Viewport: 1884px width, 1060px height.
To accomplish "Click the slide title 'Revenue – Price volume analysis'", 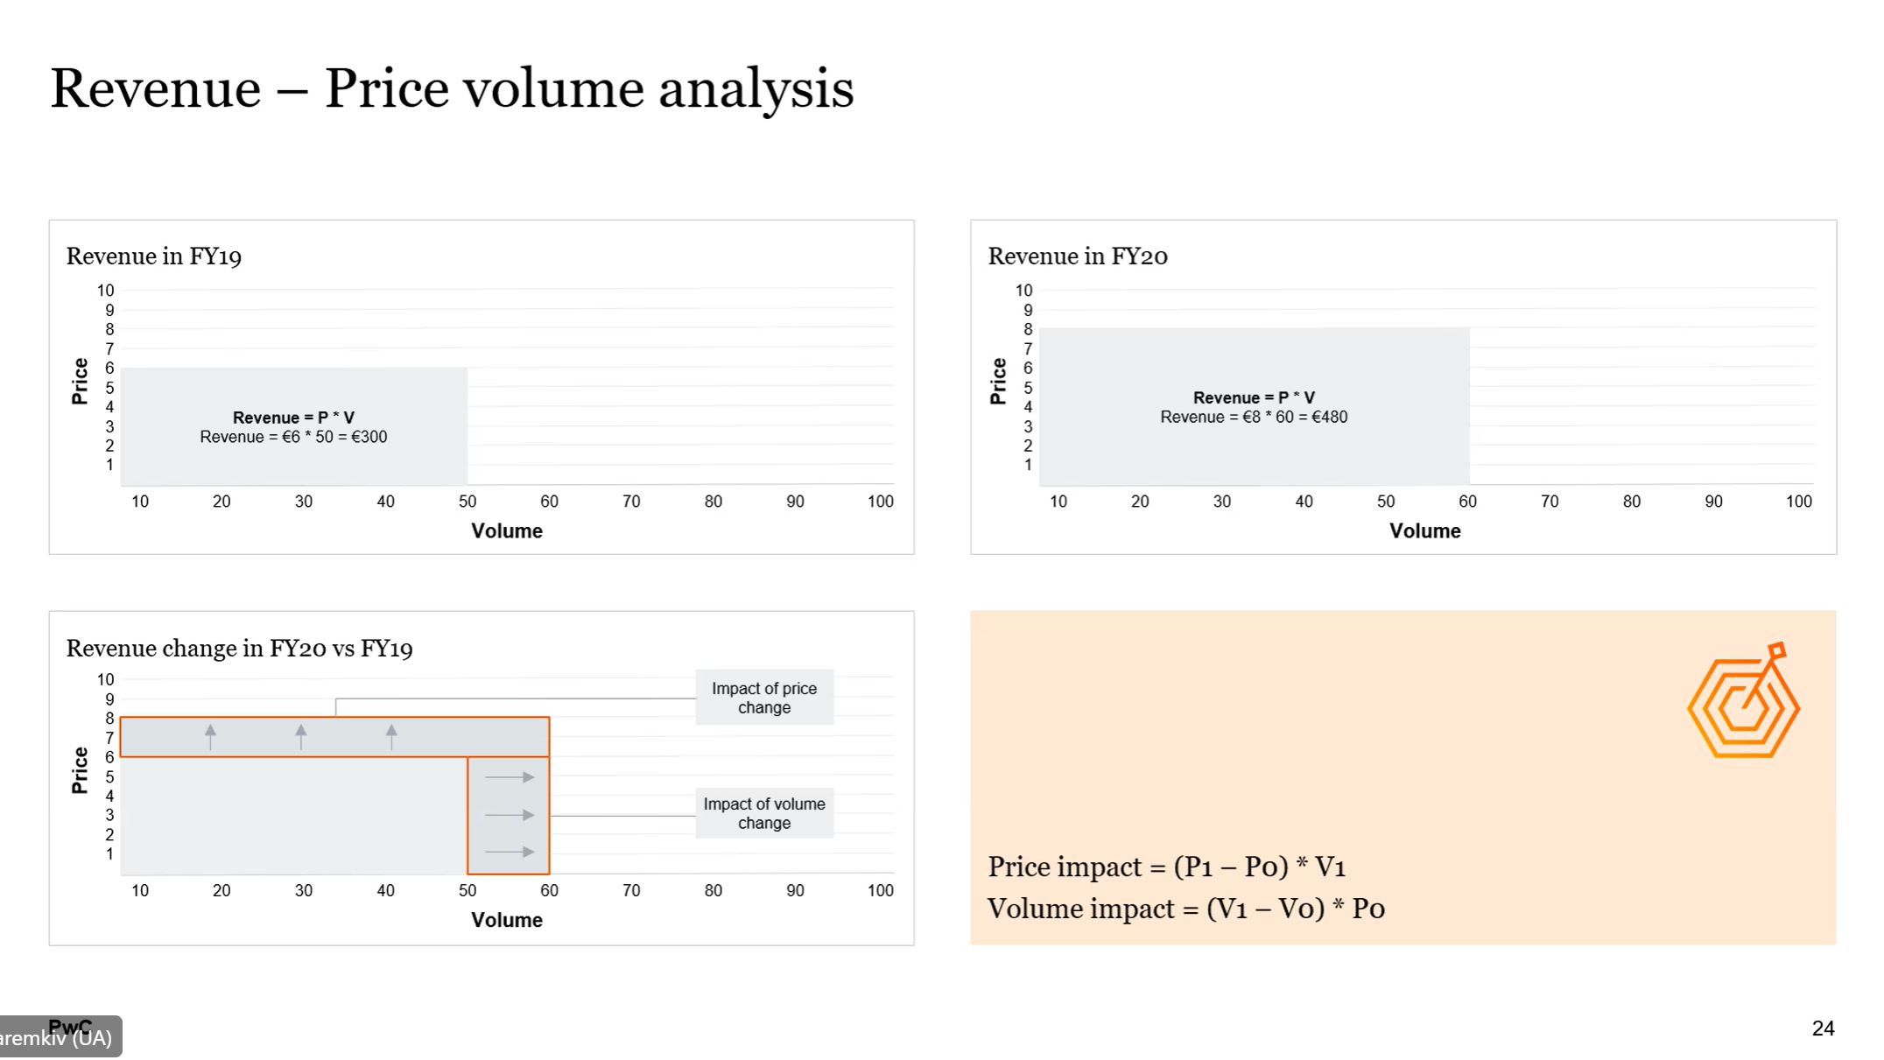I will pyautogui.click(x=452, y=89).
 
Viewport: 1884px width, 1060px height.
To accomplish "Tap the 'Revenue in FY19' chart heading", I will pyautogui.click(x=154, y=256).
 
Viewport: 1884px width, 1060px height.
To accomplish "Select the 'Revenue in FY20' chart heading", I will pyautogui.click(x=1078, y=256).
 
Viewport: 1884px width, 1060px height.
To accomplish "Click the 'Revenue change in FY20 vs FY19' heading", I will pyautogui.click(x=239, y=649).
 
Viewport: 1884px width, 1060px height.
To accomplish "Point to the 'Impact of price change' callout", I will pyautogui.click(x=764, y=698).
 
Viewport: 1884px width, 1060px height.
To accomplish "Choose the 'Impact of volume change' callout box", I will pyautogui.click(x=764, y=813).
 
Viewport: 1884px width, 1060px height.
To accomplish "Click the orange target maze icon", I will pyautogui.click(x=1743, y=702).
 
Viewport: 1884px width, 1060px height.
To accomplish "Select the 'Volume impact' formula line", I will pyautogui.click(x=1185, y=909).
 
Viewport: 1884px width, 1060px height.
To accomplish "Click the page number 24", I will pyautogui.click(x=1823, y=1028).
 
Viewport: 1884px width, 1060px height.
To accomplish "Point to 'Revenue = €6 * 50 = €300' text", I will pyautogui.click(x=293, y=437).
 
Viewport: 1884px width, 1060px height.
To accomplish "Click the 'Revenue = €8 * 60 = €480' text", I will pyautogui.click(x=1254, y=418).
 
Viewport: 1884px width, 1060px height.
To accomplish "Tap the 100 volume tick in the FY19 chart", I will pyautogui.click(x=880, y=502).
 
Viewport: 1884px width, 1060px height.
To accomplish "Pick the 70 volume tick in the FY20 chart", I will pyautogui.click(x=1550, y=502).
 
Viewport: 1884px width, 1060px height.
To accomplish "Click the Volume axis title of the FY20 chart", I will pyautogui.click(x=1424, y=531).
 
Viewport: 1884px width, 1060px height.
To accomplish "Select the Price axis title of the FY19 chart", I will pyautogui.click(x=80, y=382).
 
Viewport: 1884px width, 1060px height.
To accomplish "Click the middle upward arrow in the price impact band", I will pyautogui.click(x=301, y=736).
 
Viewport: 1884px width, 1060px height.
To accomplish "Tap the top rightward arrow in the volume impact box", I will pyautogui.click(x=510, y=777).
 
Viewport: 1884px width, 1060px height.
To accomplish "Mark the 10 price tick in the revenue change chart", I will pyautogui.click(x=105, y=679).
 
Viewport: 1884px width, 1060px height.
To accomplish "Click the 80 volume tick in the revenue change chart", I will pyautogui.click(x=714, y=890).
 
